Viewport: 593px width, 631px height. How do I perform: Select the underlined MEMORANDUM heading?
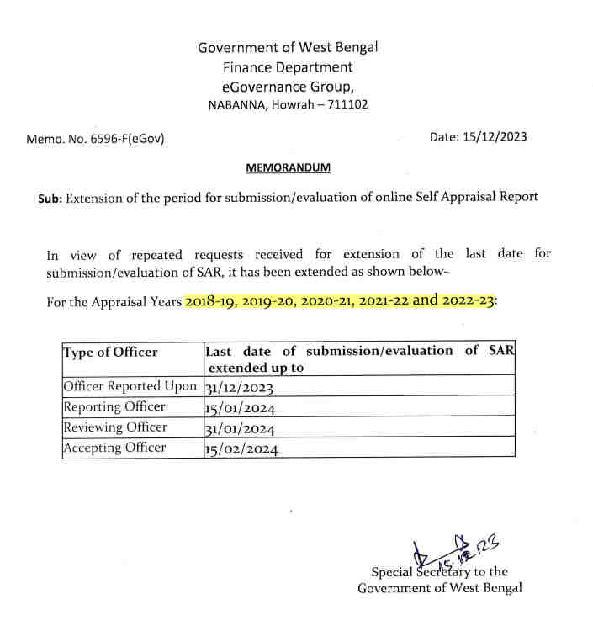point(288,167)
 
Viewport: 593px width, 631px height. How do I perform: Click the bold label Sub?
point(50,199)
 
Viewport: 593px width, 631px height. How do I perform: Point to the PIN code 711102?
point(348,105)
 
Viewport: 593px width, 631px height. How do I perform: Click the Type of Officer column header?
point(110,352)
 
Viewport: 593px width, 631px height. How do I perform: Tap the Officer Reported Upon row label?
point(130,386)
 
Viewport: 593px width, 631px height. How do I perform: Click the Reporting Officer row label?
point(114,406)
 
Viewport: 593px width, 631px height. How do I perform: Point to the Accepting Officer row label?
point(114,448)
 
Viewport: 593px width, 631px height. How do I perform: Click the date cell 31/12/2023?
point(240,388)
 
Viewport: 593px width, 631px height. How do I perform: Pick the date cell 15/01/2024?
point(240,408)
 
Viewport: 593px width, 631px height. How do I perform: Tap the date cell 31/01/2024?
point(240,429)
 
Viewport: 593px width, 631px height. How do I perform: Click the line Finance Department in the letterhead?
point(288,67)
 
